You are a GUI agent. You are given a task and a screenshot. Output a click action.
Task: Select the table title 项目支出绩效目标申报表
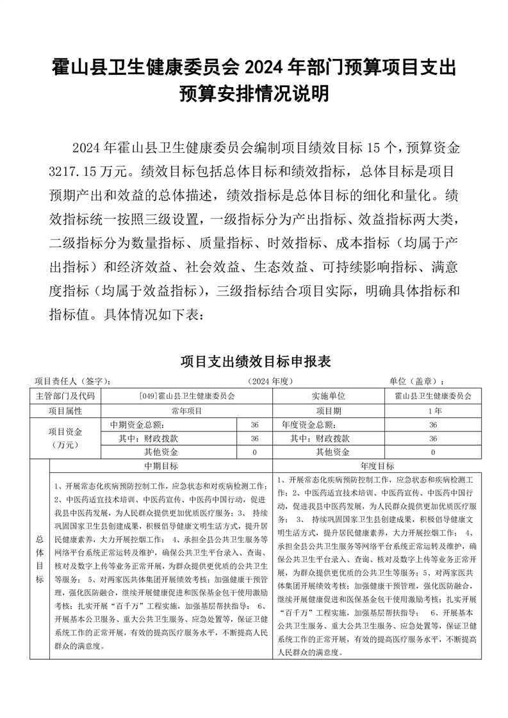pos(255,362)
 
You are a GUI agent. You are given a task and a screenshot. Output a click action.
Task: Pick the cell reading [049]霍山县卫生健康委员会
pos(186,396)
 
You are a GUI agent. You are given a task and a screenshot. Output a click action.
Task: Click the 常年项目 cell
pos(186,410)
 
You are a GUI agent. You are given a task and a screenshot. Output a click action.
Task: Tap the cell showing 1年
pos(433,410)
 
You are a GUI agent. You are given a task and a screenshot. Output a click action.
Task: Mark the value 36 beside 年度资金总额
pos(433,424)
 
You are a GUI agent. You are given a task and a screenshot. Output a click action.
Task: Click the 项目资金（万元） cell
pos(65,438)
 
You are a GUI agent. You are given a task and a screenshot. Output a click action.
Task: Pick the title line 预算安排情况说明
pos(254,94)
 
